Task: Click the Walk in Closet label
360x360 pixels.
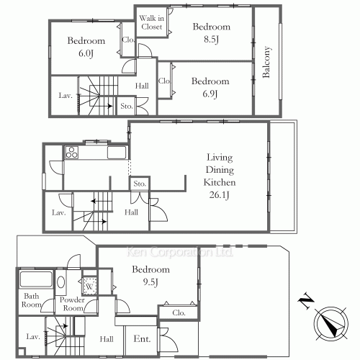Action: click(x=152, y=22)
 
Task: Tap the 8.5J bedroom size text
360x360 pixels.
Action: click(x=211, y=39)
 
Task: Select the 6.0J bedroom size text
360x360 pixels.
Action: click(x=86, y=53)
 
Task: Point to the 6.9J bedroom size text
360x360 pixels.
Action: click(x=210, y=94)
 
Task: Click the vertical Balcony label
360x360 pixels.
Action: click(x=266, y=62)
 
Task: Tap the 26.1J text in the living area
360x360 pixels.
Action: click(x=219, y=194)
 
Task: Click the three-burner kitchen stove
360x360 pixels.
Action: click(x=71, y=153)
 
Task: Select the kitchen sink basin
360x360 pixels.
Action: click(x=117, y=153)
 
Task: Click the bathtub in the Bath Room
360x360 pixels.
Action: click(x=36, y=279)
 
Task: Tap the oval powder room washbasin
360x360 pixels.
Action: click(x=60, y=282)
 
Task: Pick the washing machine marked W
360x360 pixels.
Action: click(x=89, y=286)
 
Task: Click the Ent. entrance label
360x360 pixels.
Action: click(x=142, y=339)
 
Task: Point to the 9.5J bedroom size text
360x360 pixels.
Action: click(x=150, y=282)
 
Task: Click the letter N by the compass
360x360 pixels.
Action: click(x=305, y=300)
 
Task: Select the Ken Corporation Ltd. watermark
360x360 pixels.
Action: click(x=179, y=252)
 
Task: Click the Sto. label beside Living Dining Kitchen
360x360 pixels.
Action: click(x=140, y=184)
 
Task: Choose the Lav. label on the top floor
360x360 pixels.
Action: click(x=66, y=96)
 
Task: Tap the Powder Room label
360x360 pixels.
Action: click(x=72, y=304)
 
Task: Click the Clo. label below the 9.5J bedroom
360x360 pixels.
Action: click(x=179, y=312)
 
